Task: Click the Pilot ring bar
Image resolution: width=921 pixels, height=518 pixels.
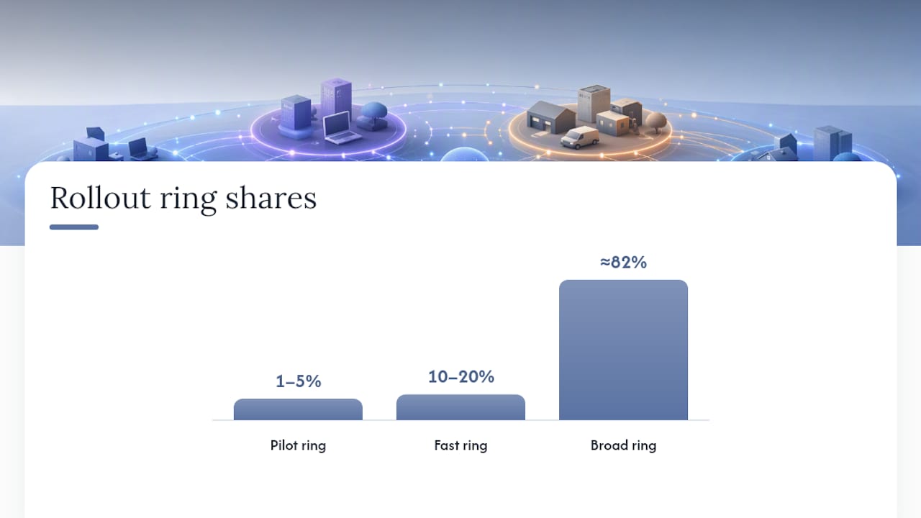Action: tap(298, 409)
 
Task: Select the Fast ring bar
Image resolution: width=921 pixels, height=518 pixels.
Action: tap(460, 407)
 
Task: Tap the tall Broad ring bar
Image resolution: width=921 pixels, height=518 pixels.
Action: tap(623, 350)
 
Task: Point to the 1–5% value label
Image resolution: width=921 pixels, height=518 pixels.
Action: tap(298, 381)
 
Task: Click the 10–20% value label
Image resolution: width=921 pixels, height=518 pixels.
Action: tap(461, 376)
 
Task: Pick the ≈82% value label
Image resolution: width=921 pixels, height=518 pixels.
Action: tap(623, 262)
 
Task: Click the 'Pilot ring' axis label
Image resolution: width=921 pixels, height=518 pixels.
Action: tap(298, 445)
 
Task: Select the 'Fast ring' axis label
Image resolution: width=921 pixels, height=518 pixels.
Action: tap(460, 445)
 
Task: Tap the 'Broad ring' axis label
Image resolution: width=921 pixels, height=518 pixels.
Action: tap(623, 445)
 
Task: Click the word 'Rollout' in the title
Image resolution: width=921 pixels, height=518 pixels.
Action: tap(100, 198)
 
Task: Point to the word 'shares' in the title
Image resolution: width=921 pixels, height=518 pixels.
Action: tap(271, 198)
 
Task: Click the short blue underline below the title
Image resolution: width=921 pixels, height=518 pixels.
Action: tap(74, 227)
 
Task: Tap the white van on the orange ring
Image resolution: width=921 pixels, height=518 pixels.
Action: tap(579, 137)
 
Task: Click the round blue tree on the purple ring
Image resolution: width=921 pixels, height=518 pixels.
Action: tap(373, 116)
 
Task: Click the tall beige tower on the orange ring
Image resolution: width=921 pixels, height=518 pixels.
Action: tap(594, 104)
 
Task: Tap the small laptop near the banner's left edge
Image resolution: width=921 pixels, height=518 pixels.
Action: tap(140, 148)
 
